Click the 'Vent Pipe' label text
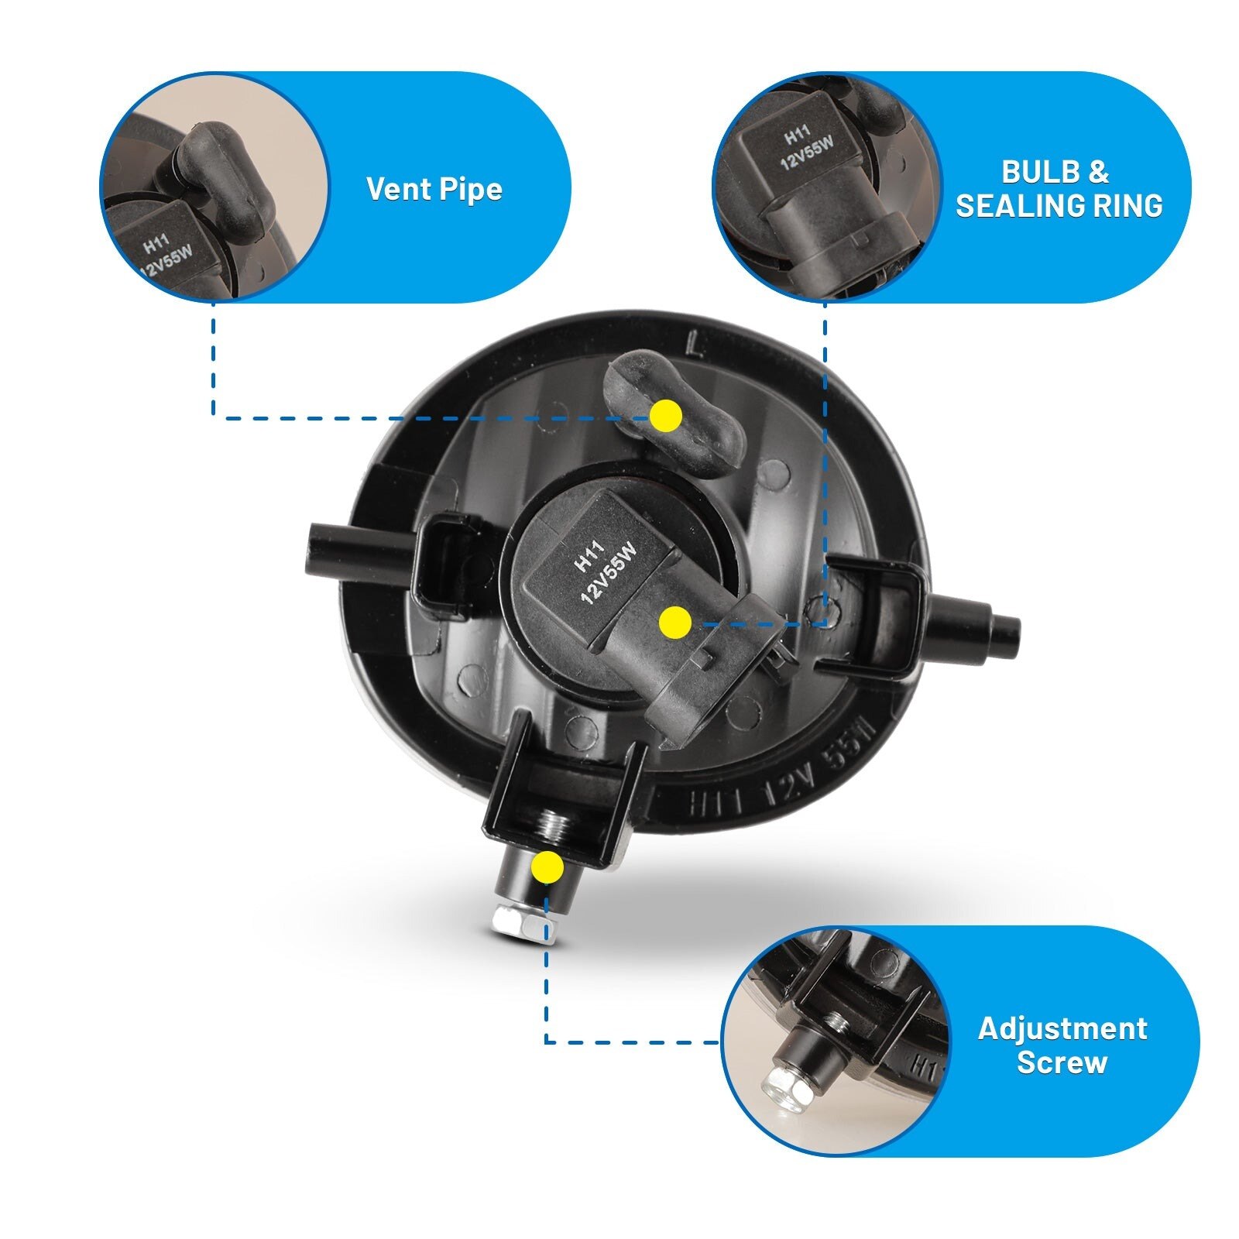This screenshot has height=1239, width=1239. [434, 189]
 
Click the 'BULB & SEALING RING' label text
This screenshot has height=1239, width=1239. [1059, 188]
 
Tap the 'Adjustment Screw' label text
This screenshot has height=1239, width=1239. [1062, 1045]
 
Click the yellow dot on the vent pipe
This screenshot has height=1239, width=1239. [666, 417]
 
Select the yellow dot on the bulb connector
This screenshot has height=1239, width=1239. [674, 623]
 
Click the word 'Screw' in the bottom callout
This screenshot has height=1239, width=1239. [1062, 1062]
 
